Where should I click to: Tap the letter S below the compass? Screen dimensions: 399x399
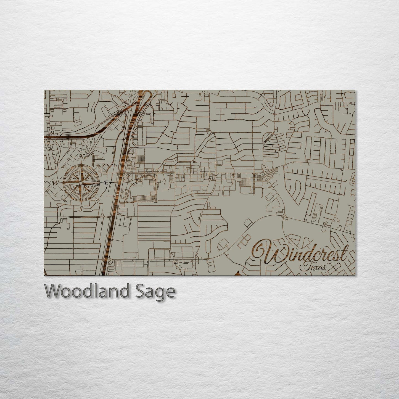coord(81,209)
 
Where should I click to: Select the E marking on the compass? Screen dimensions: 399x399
coord(105,183)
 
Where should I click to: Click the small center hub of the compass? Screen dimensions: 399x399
coord(81,183)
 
